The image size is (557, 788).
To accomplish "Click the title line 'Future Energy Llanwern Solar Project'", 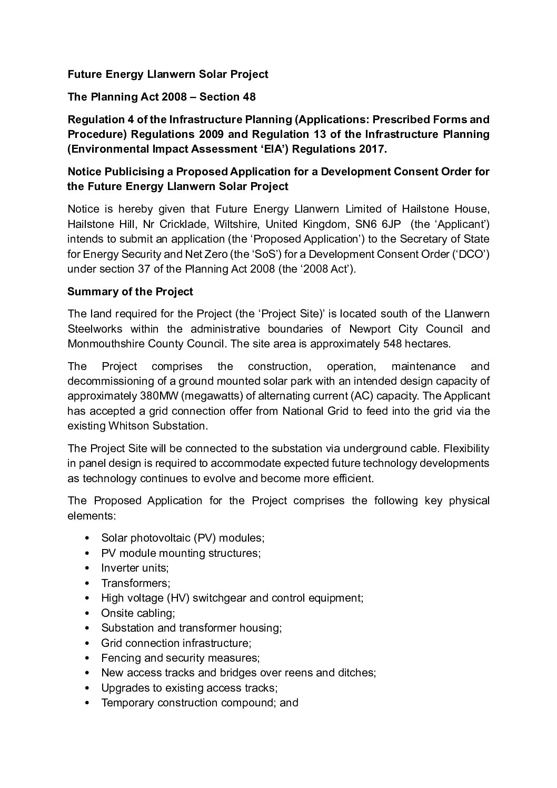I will click(x=168, y=74).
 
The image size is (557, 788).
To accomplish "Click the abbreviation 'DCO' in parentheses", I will click(x=473, y=254).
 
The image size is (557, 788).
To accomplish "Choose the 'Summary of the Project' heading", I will click(x=130, y=292).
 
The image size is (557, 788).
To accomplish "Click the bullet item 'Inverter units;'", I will click(x=135, y=568).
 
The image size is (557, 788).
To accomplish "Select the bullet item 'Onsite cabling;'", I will click(x=138, y=613).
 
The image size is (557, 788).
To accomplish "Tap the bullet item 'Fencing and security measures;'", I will click(x=181, y=658).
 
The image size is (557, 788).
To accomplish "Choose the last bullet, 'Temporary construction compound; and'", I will click(x=200, y=703).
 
